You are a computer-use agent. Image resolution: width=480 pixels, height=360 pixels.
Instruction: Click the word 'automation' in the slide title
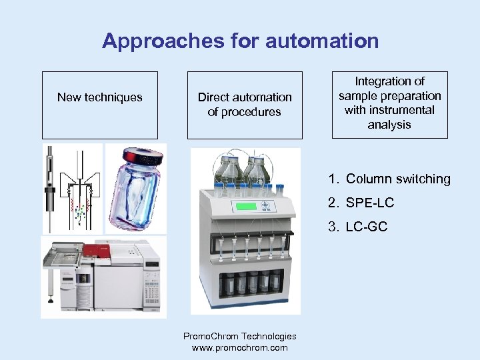pos(322,41)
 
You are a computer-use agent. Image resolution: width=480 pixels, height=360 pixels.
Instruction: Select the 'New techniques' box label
pos(100,97)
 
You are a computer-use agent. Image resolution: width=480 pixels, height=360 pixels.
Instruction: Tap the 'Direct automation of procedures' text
pos(245,105)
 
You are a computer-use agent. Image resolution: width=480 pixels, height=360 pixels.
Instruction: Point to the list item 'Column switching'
pos(398,179)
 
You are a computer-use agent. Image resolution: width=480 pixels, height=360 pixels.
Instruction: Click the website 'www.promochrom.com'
pos(240,347)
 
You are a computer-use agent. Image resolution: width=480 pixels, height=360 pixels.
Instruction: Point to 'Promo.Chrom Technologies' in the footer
pos(240,336)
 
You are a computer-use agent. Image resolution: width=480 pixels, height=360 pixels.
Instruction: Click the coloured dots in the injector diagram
pos(80,212)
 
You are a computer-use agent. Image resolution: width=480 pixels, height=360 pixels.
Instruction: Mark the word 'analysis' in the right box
pos(390,125)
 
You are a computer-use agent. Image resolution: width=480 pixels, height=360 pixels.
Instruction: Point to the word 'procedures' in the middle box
pos(245,112)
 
